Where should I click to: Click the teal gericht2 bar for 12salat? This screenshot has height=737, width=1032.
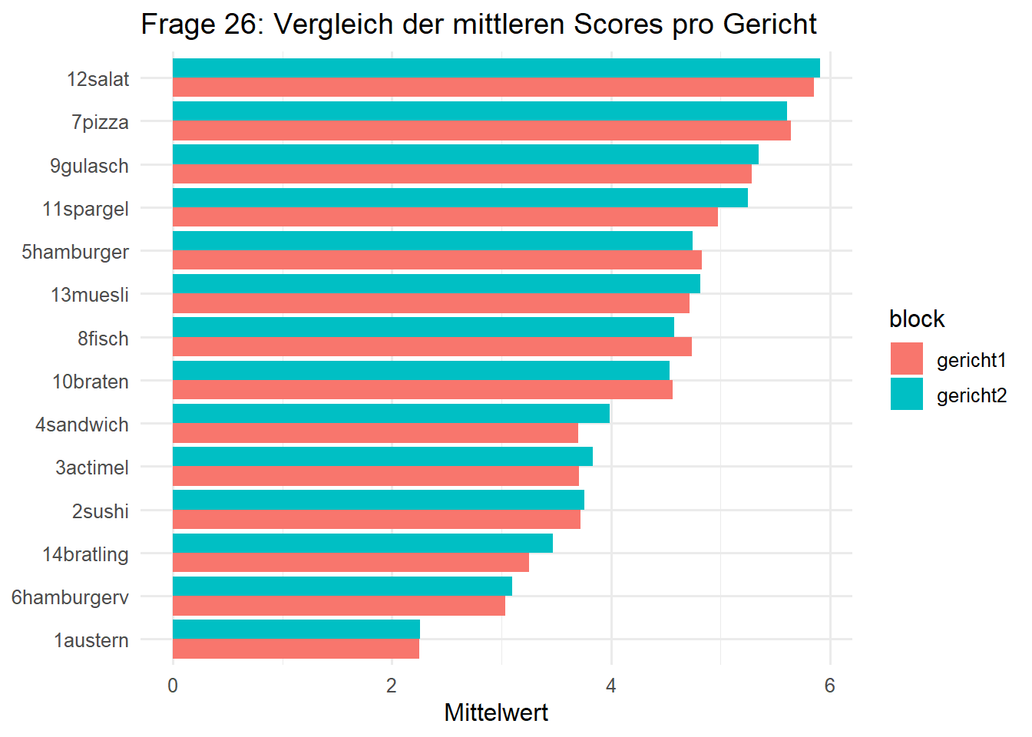496,68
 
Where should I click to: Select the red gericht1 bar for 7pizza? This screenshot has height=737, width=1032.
481,131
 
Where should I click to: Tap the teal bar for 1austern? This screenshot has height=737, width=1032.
296,630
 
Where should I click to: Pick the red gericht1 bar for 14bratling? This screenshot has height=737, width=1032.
351,563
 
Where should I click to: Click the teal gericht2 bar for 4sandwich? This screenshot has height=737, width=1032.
391,414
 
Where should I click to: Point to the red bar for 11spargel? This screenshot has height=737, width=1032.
445,217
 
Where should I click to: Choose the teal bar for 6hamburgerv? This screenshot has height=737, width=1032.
342,587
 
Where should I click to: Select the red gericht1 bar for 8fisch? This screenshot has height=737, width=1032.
432,347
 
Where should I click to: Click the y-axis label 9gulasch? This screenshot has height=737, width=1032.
89,166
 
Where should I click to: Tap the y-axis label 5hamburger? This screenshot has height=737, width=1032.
75,252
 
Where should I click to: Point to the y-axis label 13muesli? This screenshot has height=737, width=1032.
90,295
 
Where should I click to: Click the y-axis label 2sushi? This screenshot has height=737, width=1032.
100,511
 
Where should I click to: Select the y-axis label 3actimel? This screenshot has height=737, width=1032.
91,468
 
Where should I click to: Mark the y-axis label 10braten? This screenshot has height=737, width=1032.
91,382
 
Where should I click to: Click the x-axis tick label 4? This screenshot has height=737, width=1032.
610,686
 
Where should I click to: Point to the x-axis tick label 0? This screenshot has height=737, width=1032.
173,686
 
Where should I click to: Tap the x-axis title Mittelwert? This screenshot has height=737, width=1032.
496,712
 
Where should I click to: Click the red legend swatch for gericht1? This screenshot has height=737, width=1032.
907,359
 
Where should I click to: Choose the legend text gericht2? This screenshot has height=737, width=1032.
971,395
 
